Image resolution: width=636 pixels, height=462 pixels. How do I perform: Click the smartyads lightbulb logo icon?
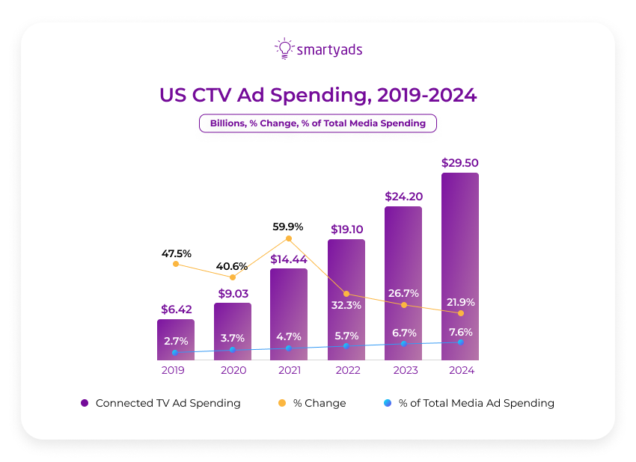tap(284, 48)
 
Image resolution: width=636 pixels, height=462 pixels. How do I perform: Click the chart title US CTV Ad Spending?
tap(317, 96)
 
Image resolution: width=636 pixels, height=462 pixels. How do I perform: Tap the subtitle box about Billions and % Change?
tap(317, 123)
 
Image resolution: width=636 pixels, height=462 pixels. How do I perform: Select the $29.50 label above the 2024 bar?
tap(459, 162)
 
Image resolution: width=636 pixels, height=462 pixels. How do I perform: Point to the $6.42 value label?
tap(175, 309)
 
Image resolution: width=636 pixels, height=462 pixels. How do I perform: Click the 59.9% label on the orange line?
tap(288, 226)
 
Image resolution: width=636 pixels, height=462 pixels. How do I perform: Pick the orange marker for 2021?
tap(288, 238)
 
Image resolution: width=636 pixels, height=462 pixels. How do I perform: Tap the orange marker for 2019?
tap(175, 263)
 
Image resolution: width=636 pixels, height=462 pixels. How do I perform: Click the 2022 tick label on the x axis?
tap(346, 369)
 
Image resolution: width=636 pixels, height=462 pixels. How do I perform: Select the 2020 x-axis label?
tap(232, 369)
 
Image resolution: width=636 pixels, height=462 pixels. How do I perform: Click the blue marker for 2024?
tap(459, 342)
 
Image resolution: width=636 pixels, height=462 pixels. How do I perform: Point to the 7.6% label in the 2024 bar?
tap(459, 332)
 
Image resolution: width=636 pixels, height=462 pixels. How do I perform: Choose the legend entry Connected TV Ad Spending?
tap(168, 403)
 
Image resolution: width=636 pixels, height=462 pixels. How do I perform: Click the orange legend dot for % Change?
tap(282, 403)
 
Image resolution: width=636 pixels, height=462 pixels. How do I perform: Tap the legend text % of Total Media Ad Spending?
tap(476, 403)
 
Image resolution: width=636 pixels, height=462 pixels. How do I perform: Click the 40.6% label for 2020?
tap(232, 265)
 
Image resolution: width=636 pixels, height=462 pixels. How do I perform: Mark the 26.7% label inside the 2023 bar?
tap(403, 292)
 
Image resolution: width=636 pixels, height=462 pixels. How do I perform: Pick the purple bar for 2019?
tap(175, 340)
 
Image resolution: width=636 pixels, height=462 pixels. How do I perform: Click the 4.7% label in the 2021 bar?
tap(288, 336)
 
